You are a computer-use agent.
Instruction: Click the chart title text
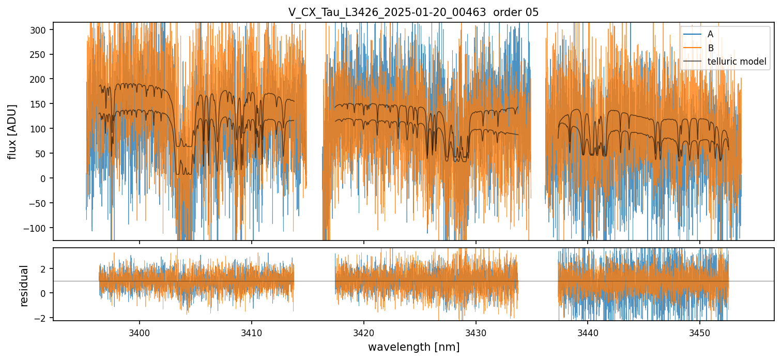(x=413, y=12)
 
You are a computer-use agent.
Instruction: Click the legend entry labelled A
(x=710, y=34)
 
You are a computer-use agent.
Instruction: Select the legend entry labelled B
(x=710, y=48)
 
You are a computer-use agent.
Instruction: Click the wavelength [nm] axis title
(x=413, y=347)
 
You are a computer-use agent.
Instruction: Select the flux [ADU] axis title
(x=12, y=131)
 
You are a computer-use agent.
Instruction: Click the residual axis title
(x=24, y=286)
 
